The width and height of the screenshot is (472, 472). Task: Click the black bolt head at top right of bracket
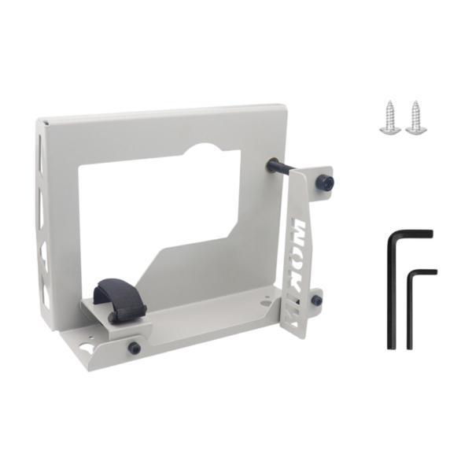pos(324,183)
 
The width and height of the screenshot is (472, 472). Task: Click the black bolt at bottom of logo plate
pos(316,300)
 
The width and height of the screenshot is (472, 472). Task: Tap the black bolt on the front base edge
pos(135,347)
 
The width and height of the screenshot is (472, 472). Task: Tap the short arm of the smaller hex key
pos(422,272)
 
